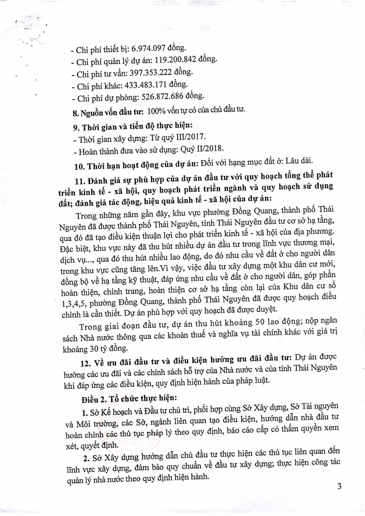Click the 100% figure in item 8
(157, 111)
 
